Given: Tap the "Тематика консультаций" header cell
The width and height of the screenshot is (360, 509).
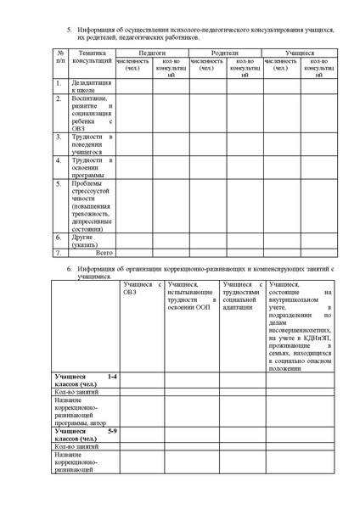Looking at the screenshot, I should tap(92, 57).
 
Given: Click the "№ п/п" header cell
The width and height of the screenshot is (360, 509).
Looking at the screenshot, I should tap(59, 57).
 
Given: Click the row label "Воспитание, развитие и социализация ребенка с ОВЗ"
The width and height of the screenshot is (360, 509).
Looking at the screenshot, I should tap(92, 113).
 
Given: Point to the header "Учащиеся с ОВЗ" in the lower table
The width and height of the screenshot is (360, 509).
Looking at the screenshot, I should tap(141, 289).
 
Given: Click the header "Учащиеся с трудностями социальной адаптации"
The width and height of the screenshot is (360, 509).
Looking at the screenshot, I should tap(239, 294).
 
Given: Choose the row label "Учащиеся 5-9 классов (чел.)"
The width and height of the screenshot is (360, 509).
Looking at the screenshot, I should tap(85, 434).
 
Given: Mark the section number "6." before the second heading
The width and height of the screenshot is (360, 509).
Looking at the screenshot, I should tap(70, 268).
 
